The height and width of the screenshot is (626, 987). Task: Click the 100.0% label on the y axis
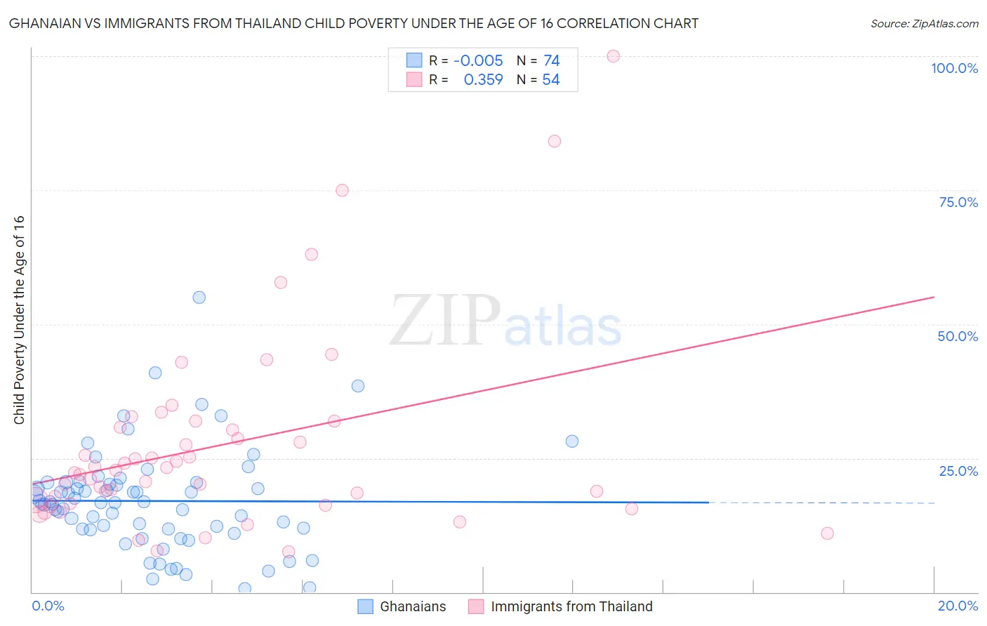click(954, 68)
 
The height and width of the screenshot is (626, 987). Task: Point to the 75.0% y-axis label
click(958, 202)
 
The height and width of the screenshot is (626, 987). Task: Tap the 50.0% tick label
click(958, 336)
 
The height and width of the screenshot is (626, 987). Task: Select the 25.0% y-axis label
click(958, 470)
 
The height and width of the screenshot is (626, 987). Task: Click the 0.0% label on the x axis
click(48, 606)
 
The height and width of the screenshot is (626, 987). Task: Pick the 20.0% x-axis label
click(958, 606)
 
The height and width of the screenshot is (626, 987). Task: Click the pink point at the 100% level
click(613, 56)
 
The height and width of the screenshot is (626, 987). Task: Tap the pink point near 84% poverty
click(555, 141)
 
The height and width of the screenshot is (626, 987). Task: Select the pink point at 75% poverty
click(342, 190)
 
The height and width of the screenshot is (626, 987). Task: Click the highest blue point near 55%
click(199, 298)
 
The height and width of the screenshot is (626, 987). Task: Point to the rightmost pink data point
click(827, 533)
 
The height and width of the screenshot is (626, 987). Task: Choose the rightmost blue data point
click(572, 441)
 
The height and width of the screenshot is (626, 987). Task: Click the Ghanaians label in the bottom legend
click(413, 606)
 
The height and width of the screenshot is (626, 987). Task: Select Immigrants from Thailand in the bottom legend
click(571, 606)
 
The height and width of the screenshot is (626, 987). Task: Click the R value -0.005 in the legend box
click(478, 61)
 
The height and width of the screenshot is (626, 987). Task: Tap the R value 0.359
click(483, 80)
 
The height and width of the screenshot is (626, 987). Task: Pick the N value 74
click(551, 61)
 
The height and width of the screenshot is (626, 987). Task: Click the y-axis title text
click(19, 319)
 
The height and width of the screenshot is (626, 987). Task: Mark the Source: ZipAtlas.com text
click(924, 23)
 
